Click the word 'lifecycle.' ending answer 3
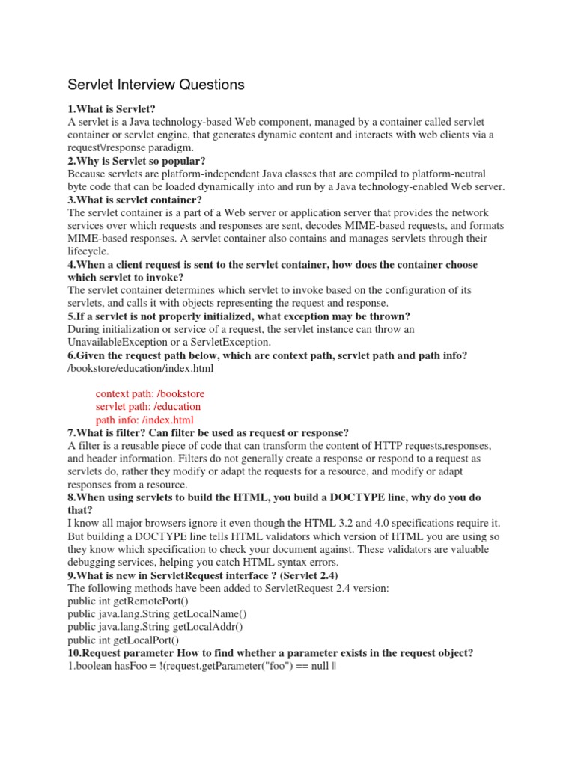88,251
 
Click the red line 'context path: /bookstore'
150,393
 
